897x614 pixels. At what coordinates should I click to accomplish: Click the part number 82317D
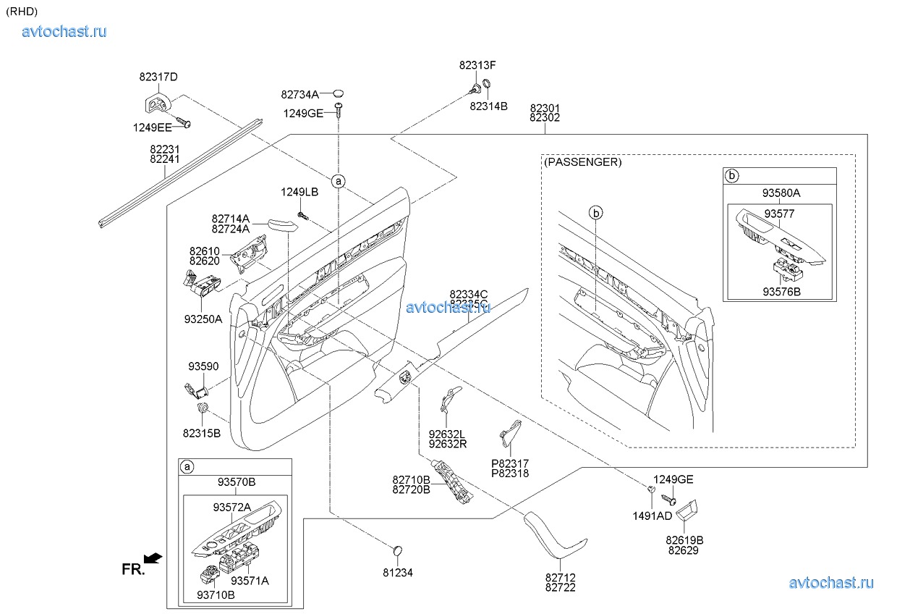coord(158,77)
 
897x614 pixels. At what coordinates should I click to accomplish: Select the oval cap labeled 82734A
coord(339,93)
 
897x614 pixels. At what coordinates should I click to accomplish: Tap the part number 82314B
coord(488,106)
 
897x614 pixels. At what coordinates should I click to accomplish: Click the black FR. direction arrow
coord(153,558)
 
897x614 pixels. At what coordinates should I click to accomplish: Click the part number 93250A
coord(203,319)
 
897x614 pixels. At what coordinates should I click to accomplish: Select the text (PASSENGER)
coord(582,162)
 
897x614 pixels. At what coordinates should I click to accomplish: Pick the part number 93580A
coord(781,193)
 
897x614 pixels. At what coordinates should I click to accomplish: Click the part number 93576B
coord(781,292)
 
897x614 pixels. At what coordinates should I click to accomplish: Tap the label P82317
coord(510,463)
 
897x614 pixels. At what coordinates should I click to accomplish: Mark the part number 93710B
coord(215,595)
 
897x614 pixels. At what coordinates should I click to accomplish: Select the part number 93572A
coord(231,507)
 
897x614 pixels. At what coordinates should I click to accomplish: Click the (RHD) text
coord(22,11)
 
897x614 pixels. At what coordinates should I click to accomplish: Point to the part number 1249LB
coord(299,192)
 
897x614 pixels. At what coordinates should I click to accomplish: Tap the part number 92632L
coord(447,434)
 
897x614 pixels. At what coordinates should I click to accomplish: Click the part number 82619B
coord(685,540)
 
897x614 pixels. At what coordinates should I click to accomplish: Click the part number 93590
coord(203,367)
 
